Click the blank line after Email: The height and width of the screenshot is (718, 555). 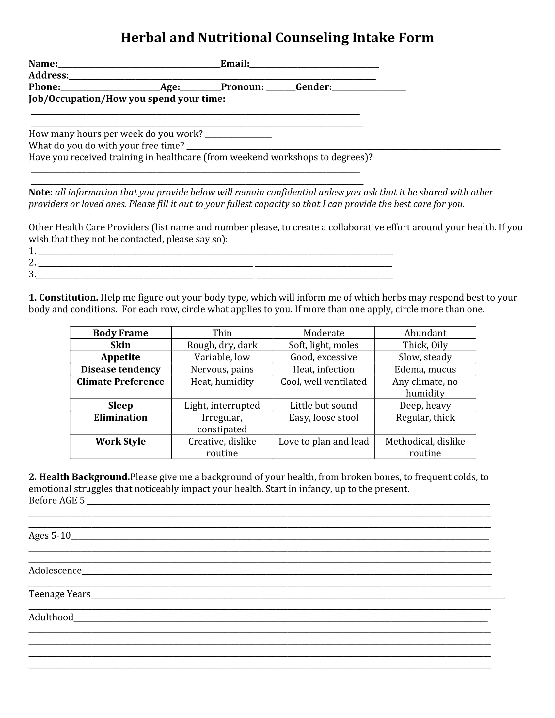pos(314,64)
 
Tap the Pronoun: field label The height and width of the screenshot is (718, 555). pos(242,87)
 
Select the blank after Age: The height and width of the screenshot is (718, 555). pos(200,88)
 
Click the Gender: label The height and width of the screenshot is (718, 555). pos(313,87)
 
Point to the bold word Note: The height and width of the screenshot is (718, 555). pos(40,192)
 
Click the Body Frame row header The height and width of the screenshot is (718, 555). pos(120,333)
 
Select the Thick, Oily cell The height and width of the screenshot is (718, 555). pos(425,345)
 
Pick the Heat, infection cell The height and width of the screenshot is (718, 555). pos(324,369)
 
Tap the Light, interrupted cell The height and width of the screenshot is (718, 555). pos(222,406)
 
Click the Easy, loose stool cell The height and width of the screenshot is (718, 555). pos(324,418)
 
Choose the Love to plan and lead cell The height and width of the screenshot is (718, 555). pos(324,442)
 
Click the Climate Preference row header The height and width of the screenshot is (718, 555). pos(120,382)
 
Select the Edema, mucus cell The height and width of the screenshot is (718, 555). pos(425,369)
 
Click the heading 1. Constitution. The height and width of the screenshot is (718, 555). pos(63,298)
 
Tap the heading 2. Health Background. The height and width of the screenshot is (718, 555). pos(79,477)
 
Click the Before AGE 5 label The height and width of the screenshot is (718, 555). pos(56,500)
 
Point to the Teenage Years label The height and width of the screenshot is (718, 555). pos(59,594)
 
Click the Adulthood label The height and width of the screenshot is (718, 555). pos(51,617)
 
